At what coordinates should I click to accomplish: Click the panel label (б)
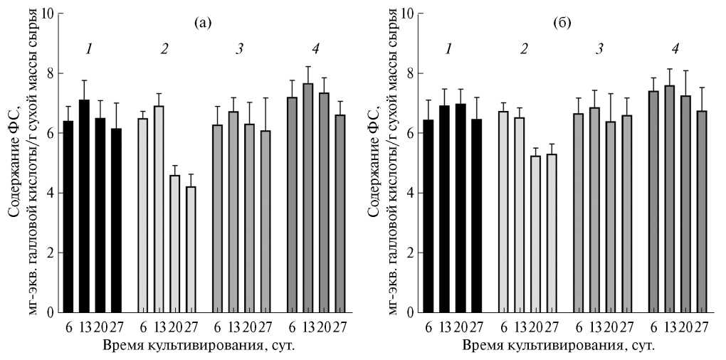pyautogui.click(x=561, y=23)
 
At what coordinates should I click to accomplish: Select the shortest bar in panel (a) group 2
pyautogui.click(x=190, y=249)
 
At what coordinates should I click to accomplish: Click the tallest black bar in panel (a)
pyautogui.click(x=84, y=206)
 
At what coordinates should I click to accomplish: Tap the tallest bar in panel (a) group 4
pyautogui.click(x=308, y=198)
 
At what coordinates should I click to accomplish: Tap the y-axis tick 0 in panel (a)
pyautogui.click(x=52, y=312)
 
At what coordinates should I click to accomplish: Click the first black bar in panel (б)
pyautogui.click(x=428, y=244)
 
